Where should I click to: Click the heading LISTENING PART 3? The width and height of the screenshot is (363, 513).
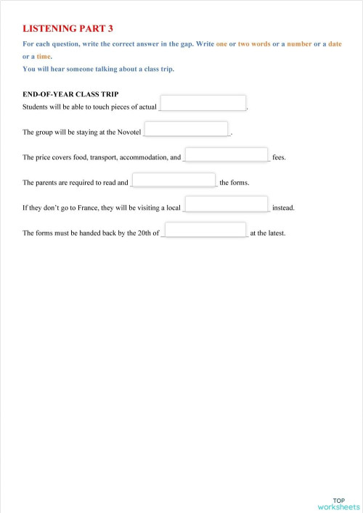68,28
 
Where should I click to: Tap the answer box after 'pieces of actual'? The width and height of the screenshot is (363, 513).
203,103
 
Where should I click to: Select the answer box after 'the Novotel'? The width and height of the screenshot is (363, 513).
187,128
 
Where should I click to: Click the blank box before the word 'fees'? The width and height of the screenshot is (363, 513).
227,154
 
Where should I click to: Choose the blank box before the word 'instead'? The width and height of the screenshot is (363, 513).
227,204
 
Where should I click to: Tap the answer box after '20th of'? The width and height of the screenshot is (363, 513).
205,230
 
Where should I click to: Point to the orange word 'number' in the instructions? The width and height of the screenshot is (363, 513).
299,43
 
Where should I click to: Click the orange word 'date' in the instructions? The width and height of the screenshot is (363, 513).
335,43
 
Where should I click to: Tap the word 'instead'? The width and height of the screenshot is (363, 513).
283,209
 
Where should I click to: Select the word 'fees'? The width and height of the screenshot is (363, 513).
280,158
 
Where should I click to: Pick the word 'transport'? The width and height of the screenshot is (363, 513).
102,158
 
